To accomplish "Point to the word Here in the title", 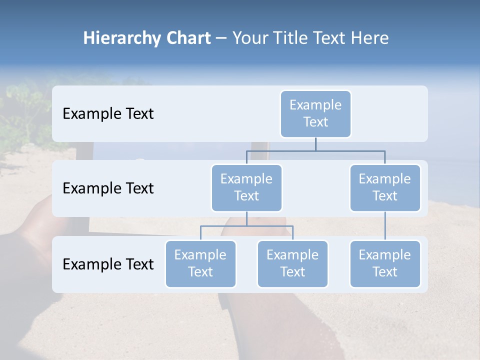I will click(368, 38).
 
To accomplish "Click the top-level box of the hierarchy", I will click(315, 114).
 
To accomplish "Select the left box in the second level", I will click(246, 188).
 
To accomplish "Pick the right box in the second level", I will click(385, 188).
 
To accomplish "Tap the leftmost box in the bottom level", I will click(200, 264).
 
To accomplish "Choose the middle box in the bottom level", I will click(292, 264).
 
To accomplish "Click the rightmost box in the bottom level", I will click(385, 264).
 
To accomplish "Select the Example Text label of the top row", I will click(108, 114).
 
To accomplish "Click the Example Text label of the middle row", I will click(108, 188).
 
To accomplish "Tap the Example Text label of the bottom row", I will click(108, 264).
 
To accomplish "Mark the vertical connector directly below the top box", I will click(315, 144).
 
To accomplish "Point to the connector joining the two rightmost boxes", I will click(385, 226).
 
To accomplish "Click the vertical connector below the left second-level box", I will click(246, 218).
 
